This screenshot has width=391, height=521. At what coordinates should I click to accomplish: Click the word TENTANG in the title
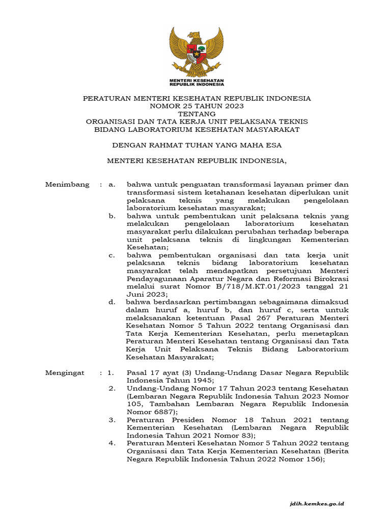[197, 114]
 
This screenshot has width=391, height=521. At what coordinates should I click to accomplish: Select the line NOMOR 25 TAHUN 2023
[197, 106]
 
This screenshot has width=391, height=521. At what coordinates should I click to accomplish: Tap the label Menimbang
[67, 184]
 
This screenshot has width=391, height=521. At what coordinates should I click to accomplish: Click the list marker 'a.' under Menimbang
[113, 184]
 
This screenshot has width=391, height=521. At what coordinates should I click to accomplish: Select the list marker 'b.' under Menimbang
[113, 216]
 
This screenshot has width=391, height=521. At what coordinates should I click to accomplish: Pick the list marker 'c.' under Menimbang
[113, 254]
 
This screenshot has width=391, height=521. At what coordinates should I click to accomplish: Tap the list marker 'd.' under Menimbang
[113, 302]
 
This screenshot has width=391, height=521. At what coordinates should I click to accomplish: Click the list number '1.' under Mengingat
[111, 373]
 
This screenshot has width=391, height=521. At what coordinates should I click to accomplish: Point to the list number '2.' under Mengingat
[113, 389]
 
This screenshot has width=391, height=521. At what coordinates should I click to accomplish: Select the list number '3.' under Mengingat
[113, 420]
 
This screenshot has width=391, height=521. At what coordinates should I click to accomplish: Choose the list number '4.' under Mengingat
[113, 444]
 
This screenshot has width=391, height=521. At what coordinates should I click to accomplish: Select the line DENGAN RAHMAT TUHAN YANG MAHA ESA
[197, 145]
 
